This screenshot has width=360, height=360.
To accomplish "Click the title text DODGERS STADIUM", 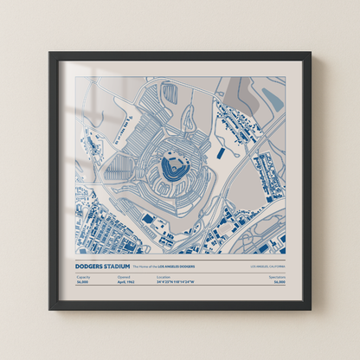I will [102, 267].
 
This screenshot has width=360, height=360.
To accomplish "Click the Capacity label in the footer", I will [83, 277].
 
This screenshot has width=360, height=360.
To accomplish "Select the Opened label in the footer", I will [123, 277].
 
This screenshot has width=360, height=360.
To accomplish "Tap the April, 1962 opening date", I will [125, 282].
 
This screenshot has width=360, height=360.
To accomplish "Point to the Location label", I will [164, 277].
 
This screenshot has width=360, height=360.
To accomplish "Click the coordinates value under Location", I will [176, 282].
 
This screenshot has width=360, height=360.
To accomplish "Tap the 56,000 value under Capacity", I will [83, 282].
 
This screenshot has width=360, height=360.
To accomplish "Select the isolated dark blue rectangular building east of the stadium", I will [221, 153].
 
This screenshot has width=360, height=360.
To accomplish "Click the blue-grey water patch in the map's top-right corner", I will [272, 100].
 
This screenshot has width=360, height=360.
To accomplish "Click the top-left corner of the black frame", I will [51, 54].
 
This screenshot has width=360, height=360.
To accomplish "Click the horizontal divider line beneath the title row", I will [180, 272].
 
